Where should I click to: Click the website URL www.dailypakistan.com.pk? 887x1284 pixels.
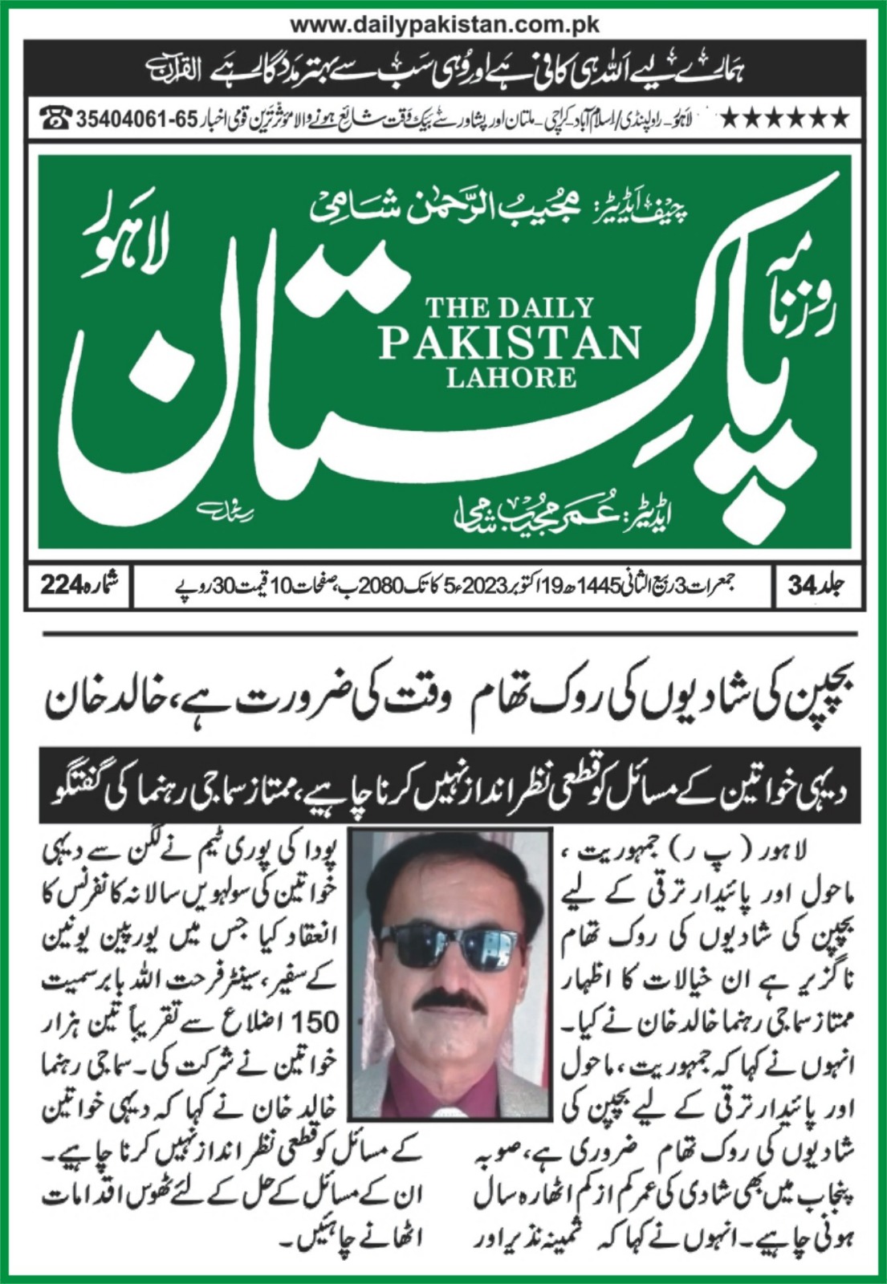click(444, 24)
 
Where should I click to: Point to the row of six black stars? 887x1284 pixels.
click(784, 120)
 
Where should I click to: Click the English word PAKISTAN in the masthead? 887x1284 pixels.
click(510, 343)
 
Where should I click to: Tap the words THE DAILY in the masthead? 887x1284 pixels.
click(510, 307)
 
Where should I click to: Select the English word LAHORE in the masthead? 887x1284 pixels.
click(511, 377)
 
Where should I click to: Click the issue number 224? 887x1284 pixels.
click(62, 587)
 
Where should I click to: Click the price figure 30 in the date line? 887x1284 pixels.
click(222, 587)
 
